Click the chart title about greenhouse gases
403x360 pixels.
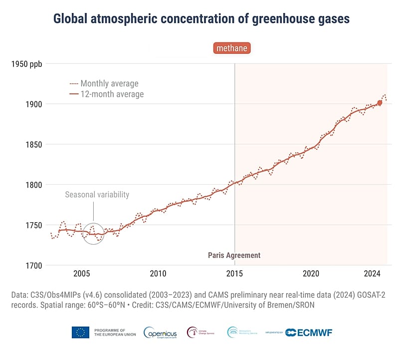tap(201, 19)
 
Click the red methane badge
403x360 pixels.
tap(231, 48)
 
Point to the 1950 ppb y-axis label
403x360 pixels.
tap(29, 63)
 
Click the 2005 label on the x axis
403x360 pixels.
tap(81, 274)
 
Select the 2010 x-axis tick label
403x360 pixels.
tap(158, 274)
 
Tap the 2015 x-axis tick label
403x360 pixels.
tap(234, 274)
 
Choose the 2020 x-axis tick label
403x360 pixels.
tap(311, 274)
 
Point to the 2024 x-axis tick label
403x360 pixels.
tap(372, 274)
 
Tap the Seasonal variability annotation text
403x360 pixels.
tap(97, 195)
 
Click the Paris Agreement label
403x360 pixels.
tap(234, 255)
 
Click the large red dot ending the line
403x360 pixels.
tap(380, 103)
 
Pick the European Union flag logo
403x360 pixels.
tap(80, 332)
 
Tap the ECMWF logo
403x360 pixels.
tap(309, 333)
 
